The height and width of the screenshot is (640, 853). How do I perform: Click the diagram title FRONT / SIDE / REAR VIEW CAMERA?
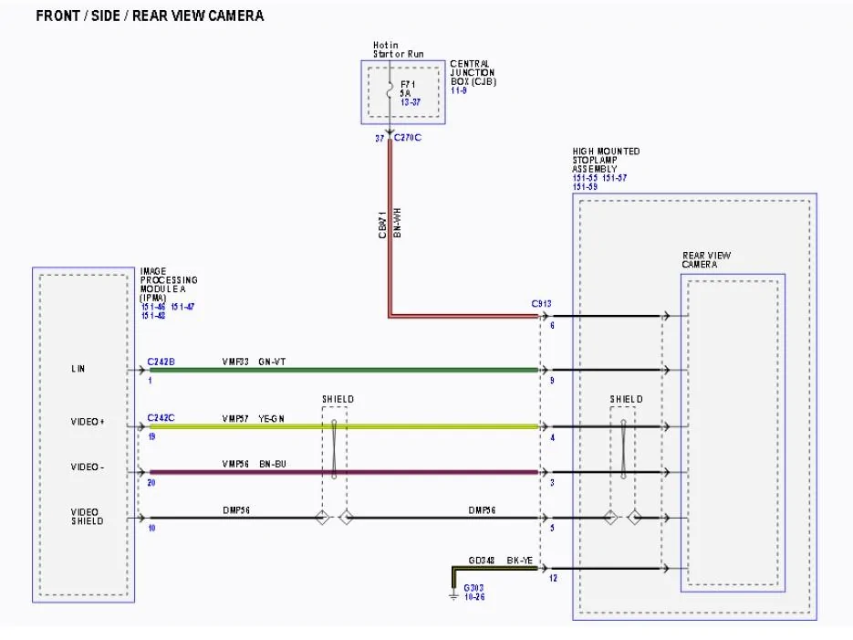point(150,16)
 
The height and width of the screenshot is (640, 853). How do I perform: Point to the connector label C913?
point(541,304)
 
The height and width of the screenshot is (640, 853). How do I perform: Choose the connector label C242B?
point(161,362)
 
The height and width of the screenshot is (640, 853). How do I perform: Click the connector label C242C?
point(161,418)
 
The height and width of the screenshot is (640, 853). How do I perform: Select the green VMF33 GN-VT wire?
point(365,370)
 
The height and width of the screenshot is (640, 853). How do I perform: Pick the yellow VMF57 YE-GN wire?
point(411,426)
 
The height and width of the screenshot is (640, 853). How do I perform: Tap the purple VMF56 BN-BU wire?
point(411,472)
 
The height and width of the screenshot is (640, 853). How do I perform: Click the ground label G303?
point(473,587)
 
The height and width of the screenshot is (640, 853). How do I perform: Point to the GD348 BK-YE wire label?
point(501,559)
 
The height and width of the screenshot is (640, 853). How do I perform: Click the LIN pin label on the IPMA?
point(78,369)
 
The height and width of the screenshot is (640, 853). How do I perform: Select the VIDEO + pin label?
point(88,422)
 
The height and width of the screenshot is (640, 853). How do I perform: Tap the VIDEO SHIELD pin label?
point(88,517)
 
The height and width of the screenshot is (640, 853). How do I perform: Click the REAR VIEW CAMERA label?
point(706,260)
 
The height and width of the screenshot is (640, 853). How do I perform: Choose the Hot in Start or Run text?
point(398,49)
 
